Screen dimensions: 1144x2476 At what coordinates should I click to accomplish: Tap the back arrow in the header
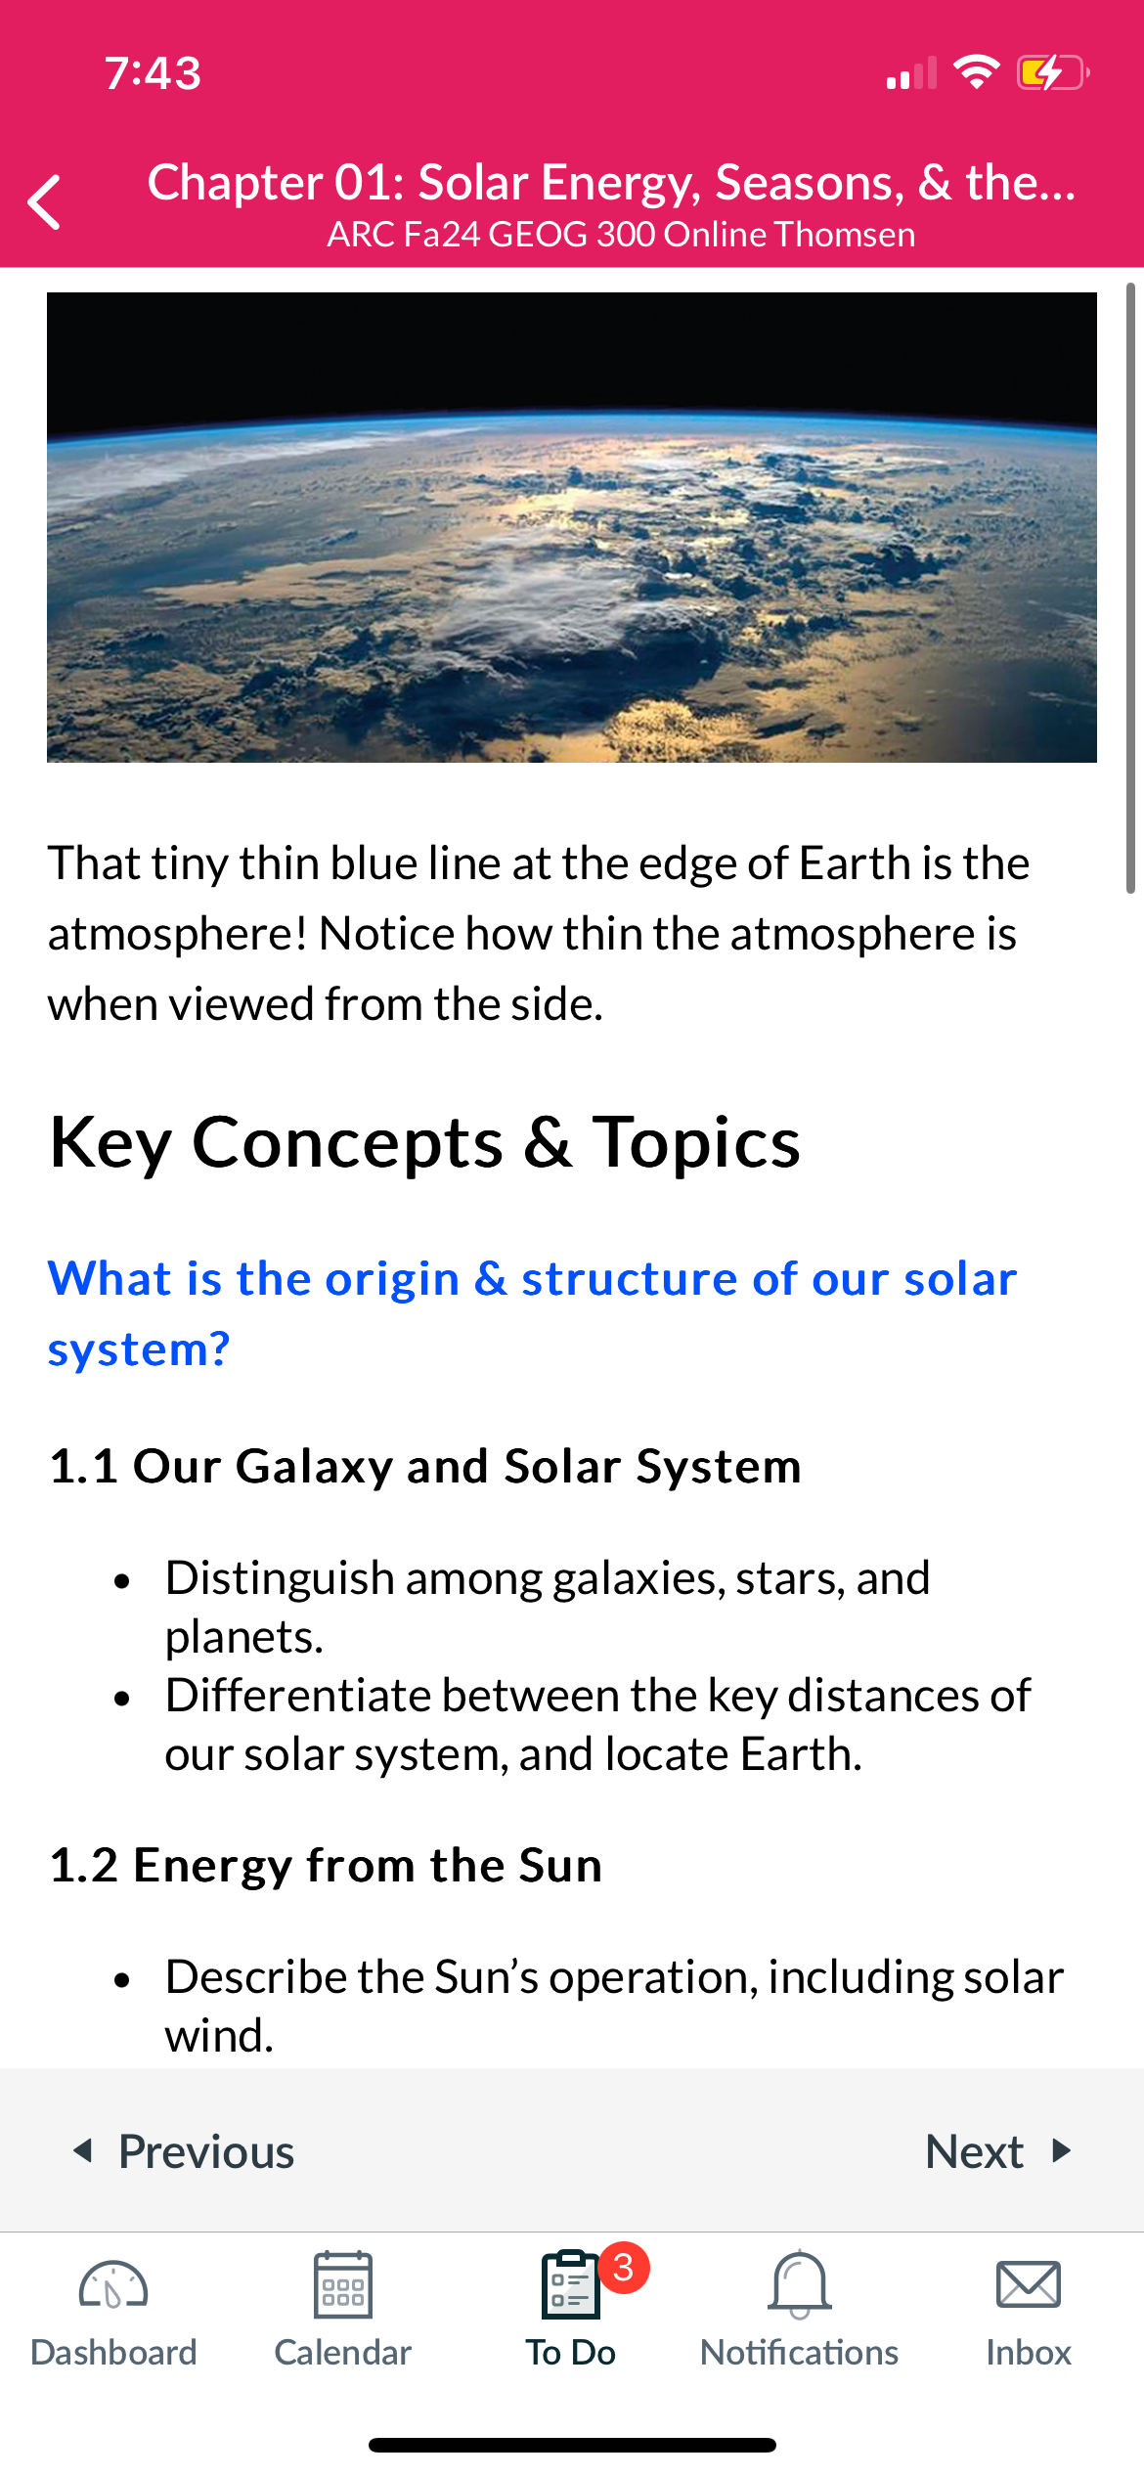click(x=45, y=202)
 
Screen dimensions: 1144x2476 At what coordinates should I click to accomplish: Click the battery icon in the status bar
click(x=1053, y=72)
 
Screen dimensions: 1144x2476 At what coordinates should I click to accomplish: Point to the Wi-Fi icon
click(x=976, y=72)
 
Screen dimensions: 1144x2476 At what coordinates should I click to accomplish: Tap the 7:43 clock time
click(x=154, y=73)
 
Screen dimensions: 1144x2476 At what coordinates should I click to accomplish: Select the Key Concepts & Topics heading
click(x=425, y=1143)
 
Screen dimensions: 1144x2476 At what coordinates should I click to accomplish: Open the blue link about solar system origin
click(x=533, y=1313)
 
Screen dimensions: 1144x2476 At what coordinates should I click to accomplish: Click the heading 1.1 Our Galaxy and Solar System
click(x=425, y=1467)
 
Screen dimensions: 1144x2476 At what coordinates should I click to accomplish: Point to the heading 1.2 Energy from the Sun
click(x=326, y=1865)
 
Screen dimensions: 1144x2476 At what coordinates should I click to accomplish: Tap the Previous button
click(x=184, y=2151)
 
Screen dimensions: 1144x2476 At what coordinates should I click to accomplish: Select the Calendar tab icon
click(x=342, y=2285)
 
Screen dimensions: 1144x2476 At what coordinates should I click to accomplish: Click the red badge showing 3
click(x=623, y=2267)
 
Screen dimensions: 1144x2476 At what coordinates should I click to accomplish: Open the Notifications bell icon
click(x=800, y=2285)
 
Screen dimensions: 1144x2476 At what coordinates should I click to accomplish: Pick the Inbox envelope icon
click(x=1028, y=2285)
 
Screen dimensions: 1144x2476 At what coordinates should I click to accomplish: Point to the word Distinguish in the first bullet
click(x=280, y=1579)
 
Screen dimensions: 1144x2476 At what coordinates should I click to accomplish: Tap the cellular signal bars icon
click(x=911, y=73)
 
